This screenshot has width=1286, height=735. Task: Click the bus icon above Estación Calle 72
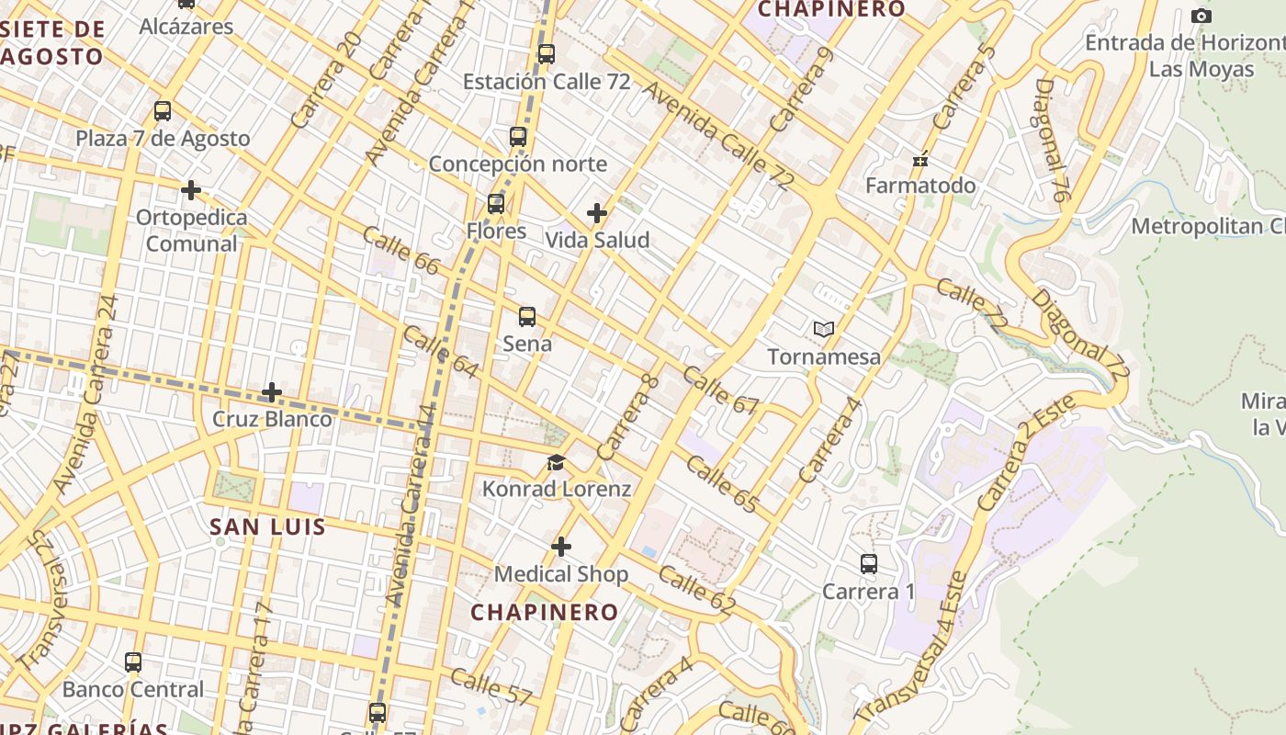[x=547, y=54]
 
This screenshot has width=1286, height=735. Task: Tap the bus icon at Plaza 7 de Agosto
[x=163, y=111]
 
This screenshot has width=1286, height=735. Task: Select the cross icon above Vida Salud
[x=597, y=213]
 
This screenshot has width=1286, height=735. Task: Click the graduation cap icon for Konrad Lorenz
[x=556, y=462]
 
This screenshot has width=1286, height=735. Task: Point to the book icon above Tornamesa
[x=824, y=329]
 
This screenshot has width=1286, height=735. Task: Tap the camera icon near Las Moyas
[x=1201, y=16]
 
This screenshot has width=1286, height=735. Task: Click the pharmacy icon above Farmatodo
[x=920, y=160]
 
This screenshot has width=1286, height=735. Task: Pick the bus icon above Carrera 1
[x=869, y=564]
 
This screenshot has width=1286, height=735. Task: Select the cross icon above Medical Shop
[x=561, y=548]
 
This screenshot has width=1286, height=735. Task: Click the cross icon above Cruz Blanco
[x=272, y=392]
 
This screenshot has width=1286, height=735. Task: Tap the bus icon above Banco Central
[x=133, y=662]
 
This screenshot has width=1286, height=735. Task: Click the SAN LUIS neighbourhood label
[x=267, y=526]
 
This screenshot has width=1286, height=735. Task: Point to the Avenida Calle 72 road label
[x=717, y=137]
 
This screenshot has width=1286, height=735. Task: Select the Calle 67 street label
[x=721, y=391]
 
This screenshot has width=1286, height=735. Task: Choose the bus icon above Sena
[x=527, y=317]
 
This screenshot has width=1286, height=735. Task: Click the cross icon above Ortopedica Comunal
[x=191, y=190]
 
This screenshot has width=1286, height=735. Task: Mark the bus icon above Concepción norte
[x=518, y=138]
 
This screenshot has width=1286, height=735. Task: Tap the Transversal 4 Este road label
[x=910, y=647]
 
